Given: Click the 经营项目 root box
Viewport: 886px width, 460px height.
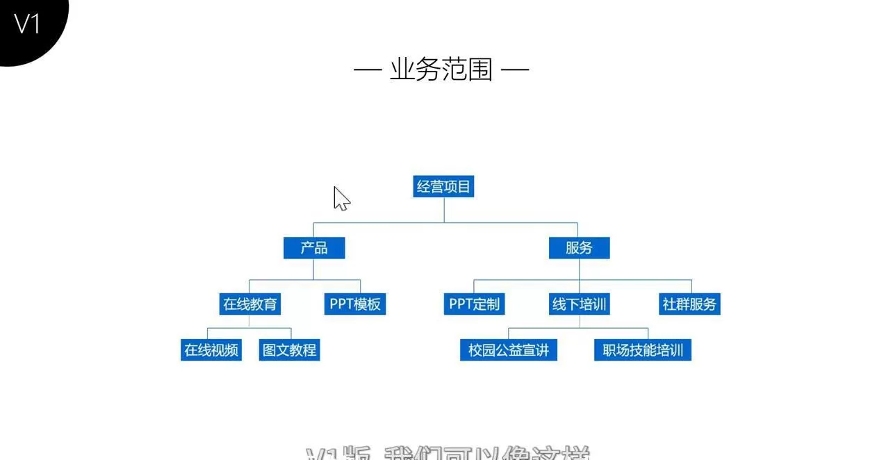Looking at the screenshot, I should point(443,186).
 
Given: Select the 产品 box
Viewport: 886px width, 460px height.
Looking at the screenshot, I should point(314,248).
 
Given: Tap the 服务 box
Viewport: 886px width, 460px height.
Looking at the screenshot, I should point(579,248).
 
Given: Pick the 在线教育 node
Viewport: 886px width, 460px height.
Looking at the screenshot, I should point(250,304).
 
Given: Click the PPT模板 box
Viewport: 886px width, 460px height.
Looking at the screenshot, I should point(355,304).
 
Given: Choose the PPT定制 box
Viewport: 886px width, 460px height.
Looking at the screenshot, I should point(474,304).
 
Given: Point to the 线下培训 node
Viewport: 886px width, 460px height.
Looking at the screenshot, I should point(579,304).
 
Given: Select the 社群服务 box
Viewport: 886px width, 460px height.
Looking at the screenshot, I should point(689,304).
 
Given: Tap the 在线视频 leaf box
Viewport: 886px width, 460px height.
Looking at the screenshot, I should point(211,350).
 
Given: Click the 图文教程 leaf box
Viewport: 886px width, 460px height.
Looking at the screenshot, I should point(289,350).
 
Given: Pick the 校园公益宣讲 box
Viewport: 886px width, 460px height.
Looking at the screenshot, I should point(509,350).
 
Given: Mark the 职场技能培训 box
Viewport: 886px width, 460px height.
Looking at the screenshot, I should point(643,350).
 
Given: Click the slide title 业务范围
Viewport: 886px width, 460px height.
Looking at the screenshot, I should point(441,69).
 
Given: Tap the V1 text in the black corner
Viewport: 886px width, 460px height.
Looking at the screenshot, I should point(28,24).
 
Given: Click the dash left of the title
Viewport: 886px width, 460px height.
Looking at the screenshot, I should point(368,69).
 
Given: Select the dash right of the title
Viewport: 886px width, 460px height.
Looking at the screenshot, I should point(515,69).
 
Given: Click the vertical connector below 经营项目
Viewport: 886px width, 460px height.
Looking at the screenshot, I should point(444,210).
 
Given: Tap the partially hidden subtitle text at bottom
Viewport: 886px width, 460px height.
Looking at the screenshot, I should point(448,453).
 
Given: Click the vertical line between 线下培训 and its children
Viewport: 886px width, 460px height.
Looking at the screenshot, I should point(579,321).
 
